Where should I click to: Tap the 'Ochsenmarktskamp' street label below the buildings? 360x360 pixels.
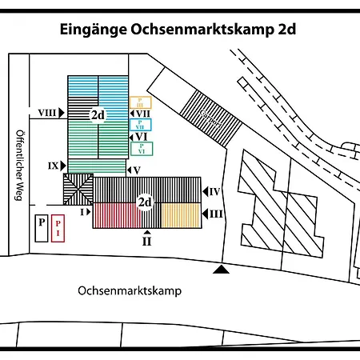point(130,291)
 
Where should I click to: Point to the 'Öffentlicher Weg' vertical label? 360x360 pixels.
point(18,166)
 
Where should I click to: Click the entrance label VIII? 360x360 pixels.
point(46,113)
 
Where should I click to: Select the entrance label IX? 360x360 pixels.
point(53,166)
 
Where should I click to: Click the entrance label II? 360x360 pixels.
point(146,240)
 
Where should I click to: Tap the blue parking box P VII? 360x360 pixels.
point(141,125)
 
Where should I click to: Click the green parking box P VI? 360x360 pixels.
point(142,148)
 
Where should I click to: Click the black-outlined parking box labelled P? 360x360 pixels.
point(40,227)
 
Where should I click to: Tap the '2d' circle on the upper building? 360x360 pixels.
point(98,114)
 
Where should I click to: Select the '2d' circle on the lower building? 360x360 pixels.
point(145,202)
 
